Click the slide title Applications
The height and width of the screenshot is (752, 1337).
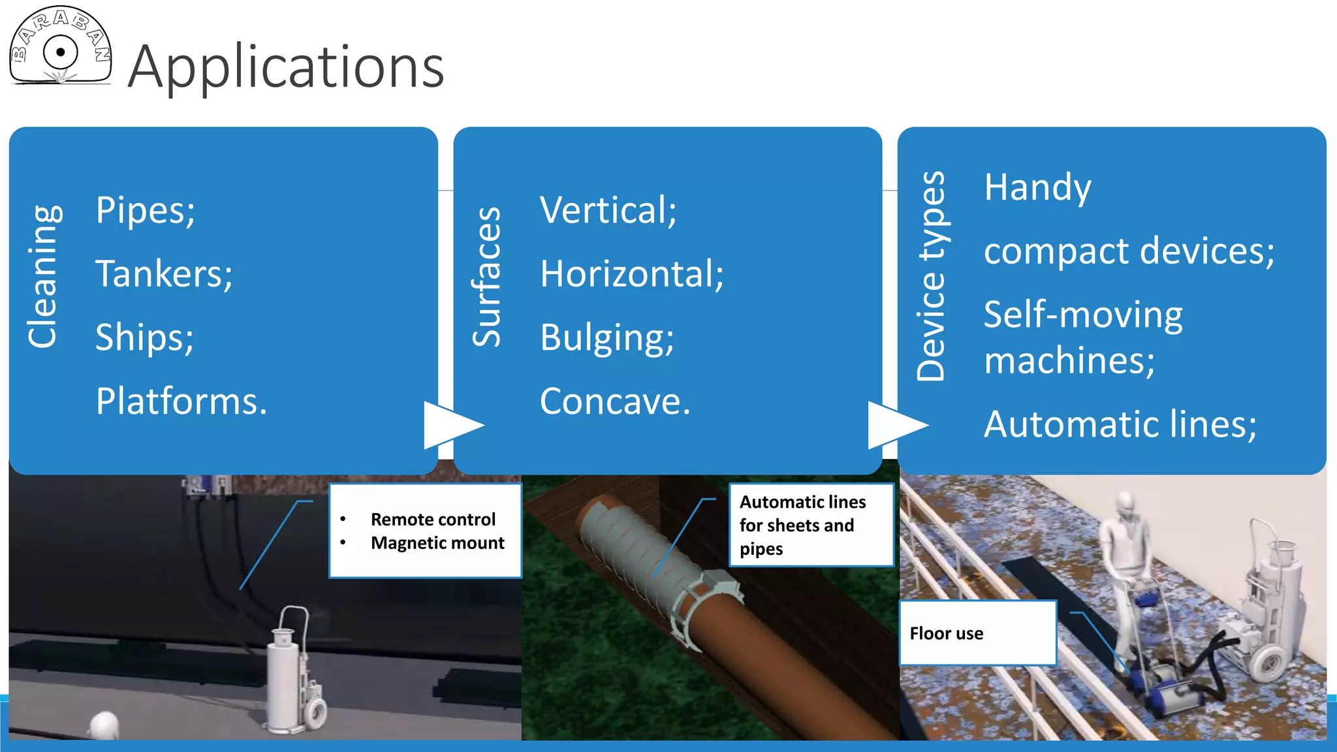tap(286, 67)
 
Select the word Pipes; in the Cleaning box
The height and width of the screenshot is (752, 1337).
tap(145, 210)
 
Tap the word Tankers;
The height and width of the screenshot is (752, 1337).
tap(164, 274)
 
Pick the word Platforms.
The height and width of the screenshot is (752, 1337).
tap(181, 401)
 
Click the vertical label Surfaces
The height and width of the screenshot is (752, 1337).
tap(487, 277)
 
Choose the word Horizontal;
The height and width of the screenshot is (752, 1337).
tap(631, 274)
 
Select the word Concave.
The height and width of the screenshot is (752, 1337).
tap(614, 401)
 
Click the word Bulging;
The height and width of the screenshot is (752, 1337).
tap(606, 337)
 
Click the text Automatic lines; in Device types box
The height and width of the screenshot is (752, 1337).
tap(1120, 424)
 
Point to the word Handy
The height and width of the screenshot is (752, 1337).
tap(1037, 187)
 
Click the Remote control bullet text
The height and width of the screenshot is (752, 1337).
tap(433, 520)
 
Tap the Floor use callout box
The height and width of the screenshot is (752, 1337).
tap(977, 633)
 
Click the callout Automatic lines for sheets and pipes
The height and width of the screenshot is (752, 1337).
tap(810, 525)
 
